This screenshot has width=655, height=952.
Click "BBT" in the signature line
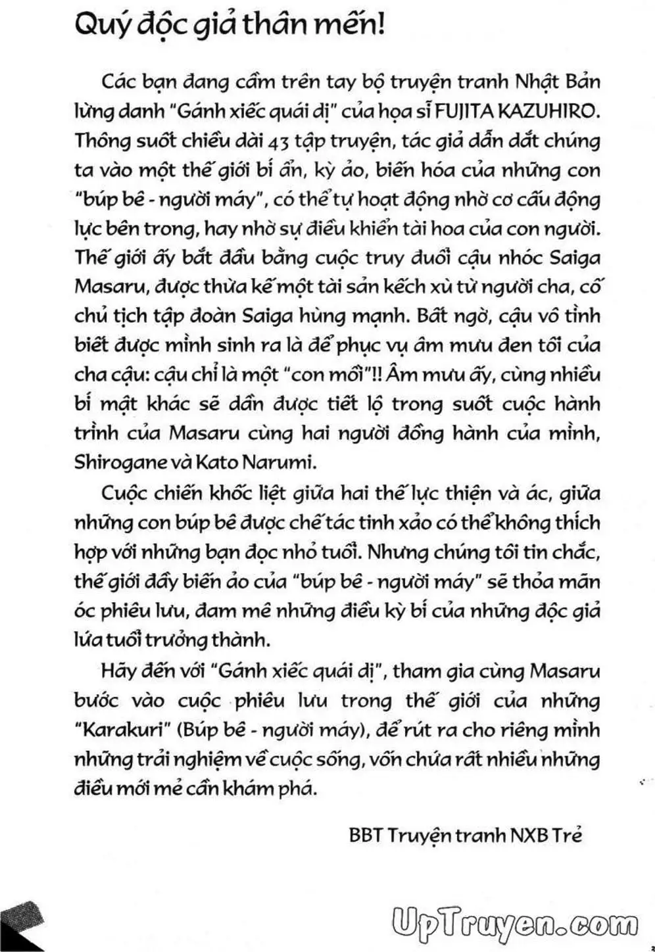pyautogui.click(x=365, y=836)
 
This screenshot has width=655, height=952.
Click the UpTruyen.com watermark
pyautogui.click(x=513, y=924)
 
